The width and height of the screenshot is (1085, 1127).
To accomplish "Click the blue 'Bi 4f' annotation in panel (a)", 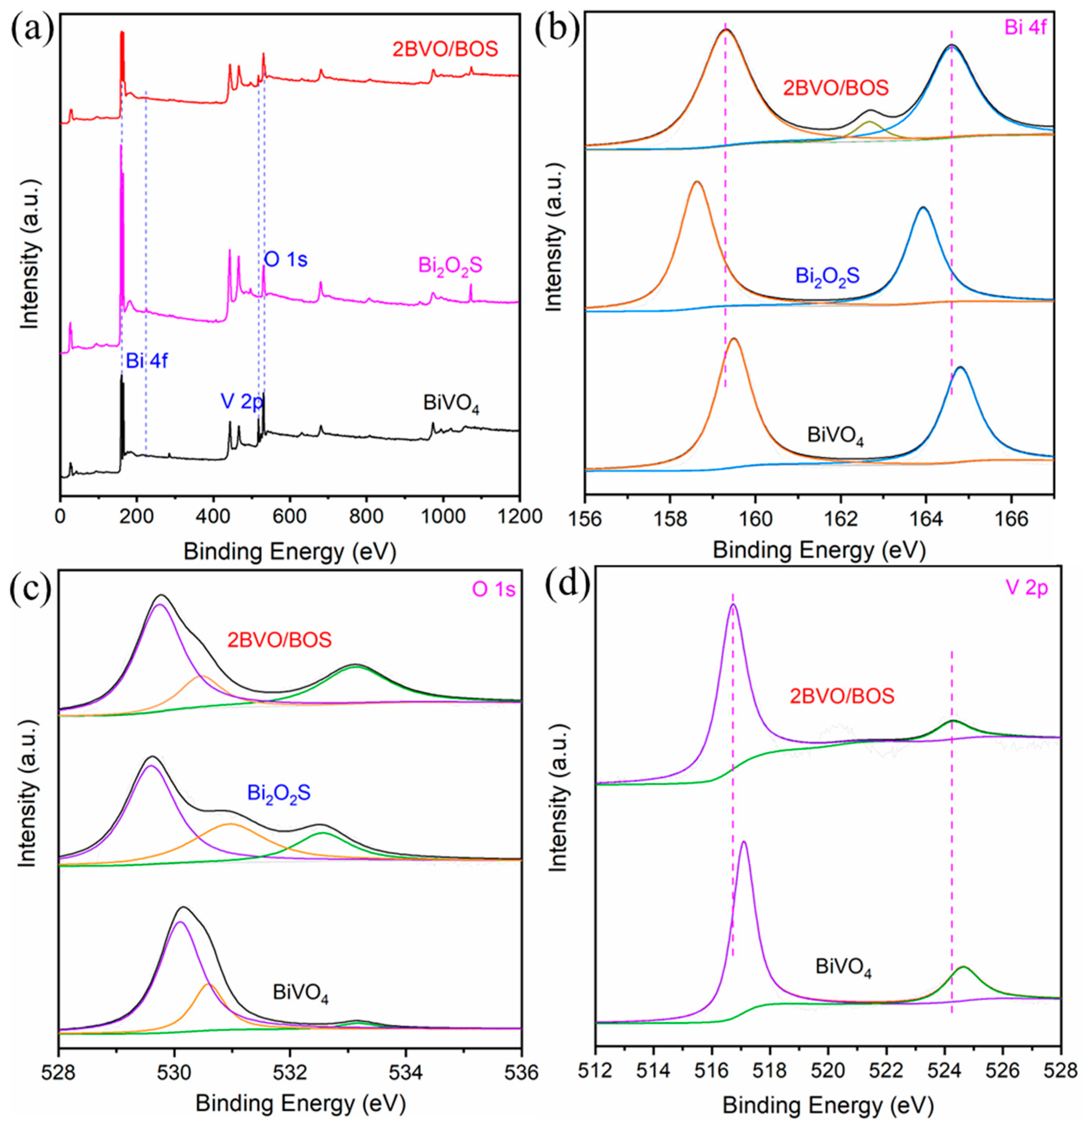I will [147, 361].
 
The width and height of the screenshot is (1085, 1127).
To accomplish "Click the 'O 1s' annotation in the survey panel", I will [286, 259].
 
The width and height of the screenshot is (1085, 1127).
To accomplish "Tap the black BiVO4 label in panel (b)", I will [835, 435].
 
